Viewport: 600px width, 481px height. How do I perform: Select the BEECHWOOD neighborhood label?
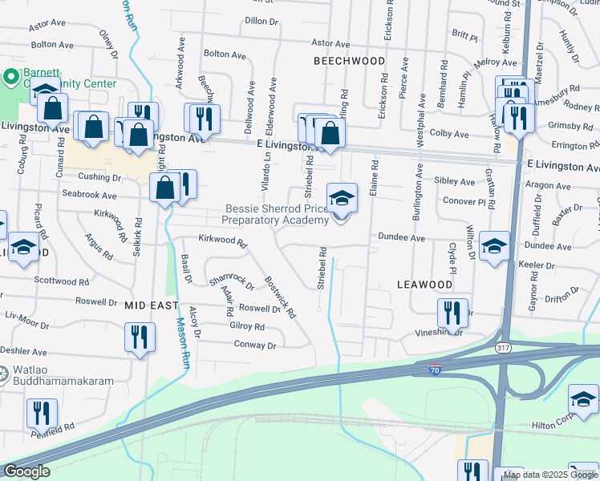[x=349, y=61]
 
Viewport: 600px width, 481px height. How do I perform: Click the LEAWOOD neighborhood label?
[x=425, y=285]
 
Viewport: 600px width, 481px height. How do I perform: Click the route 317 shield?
[x=502, y=347]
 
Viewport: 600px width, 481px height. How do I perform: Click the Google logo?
[x=26, y=471]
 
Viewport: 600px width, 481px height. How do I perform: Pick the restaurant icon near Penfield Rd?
[x=41, y=413]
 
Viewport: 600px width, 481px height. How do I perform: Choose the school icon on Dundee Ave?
[x=494, y=245]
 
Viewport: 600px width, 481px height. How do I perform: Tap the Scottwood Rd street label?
[x=62, y=281]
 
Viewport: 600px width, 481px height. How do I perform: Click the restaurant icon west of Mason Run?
[x=140, y=337]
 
